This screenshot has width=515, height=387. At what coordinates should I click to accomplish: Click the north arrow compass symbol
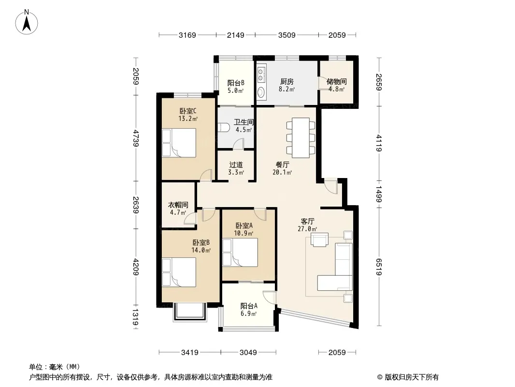coord(27,22)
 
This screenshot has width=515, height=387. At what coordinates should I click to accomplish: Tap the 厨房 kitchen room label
coord(287,81)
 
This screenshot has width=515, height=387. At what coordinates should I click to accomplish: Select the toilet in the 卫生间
coord(224,127)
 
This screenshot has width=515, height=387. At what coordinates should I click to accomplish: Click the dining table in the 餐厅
coord(300,137)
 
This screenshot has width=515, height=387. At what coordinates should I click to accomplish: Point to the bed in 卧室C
coord(179,143)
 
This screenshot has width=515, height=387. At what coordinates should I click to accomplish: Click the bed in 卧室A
coord(240,253)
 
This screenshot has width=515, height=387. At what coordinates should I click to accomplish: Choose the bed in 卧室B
coord(179,272)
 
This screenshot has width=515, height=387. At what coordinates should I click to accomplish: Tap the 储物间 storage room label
coord(337,81)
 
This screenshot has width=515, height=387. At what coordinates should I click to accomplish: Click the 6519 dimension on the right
coord(379,267)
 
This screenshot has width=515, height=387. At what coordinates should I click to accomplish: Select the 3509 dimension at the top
coord(287,35)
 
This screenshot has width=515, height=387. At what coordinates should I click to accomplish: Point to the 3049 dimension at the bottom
coord(248,353)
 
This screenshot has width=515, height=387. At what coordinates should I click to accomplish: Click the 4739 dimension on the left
coord(136,138)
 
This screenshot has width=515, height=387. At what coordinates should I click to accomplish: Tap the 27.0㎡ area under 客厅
coord(307,229)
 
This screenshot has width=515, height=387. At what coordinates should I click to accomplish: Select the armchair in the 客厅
coord(319,239)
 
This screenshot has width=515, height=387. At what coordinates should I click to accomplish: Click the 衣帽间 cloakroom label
coord(178,205)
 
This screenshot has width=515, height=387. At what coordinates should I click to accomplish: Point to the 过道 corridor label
coord(236,165)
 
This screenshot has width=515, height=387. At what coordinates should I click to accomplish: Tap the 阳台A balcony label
coord(249,306)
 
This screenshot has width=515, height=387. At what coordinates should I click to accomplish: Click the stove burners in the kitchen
coord(261,74)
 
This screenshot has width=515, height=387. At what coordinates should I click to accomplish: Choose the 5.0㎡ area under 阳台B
coord(236,91)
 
